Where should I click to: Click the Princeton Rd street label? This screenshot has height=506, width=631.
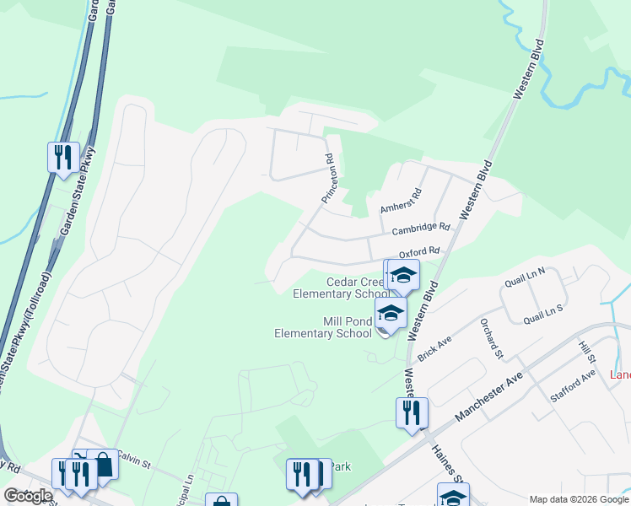[x=329, y=178]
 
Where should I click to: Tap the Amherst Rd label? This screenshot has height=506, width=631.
[x=400, y=202]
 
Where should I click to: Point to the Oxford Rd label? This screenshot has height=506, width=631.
[x=419, y=251]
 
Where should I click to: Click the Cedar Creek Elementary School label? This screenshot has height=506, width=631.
[x=341, y=288]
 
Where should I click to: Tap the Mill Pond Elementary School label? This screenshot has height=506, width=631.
[x=323, y=327]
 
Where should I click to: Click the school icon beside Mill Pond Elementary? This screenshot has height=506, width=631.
[x=391, y=314]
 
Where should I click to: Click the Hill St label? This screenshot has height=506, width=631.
[x=586, y=353]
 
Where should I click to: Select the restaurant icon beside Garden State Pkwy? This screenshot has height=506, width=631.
[x=63, y=158]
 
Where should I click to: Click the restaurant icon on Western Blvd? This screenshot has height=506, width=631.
[x=412, y=413]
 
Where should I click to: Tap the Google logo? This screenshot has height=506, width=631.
[x=28, y=496]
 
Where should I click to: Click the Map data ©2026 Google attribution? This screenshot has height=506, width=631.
[x=579, y=499]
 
